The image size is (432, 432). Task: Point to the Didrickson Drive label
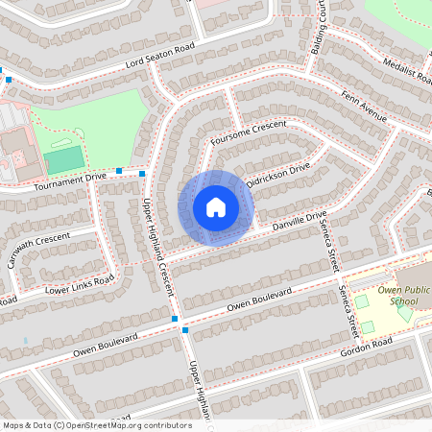tap(278, 175)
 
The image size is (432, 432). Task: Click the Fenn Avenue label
tap(365, 106)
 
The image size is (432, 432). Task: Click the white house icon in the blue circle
tap(216, 207)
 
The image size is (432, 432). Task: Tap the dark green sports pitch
tap(64, 160)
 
